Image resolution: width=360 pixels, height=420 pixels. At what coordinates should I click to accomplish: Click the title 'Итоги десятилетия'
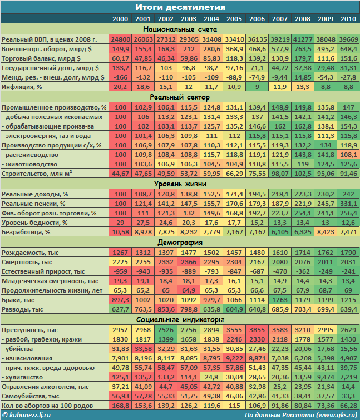180,7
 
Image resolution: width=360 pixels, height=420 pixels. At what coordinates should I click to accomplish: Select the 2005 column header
234,19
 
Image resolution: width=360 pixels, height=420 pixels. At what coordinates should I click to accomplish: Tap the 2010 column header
348,19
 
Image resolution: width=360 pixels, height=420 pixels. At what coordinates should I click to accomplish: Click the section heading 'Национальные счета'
180,29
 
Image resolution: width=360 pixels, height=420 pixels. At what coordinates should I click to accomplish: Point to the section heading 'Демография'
180,242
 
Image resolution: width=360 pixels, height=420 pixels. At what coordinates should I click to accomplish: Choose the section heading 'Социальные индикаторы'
180,320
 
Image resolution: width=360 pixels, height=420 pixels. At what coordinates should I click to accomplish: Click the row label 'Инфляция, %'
22,87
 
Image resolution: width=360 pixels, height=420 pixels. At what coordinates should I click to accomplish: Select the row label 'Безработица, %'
26,231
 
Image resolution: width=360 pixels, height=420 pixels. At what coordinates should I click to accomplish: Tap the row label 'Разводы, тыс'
23,309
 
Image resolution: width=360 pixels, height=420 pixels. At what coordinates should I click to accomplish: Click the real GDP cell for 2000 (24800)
120,39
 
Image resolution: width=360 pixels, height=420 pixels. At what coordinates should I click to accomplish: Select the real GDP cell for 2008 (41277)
303,39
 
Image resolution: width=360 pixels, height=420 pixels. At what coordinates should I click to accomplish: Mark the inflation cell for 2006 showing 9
257,87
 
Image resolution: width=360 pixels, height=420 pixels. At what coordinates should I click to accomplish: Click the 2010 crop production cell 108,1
348,154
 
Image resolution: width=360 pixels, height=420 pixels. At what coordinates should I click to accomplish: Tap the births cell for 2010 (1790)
348,252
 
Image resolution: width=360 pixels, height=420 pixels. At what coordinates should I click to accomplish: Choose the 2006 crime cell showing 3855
257,330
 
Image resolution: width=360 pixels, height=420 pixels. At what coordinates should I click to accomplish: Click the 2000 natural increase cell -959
120,271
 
